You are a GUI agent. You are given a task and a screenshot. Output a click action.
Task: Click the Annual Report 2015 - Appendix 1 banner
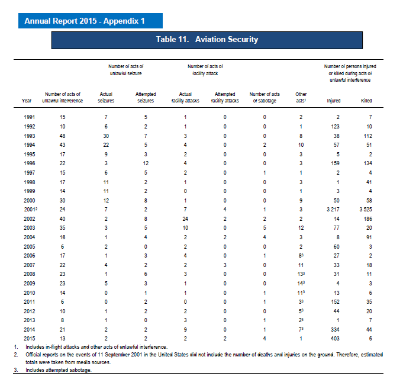click(x=85, y=21)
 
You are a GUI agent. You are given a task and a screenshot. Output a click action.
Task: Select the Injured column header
click(x=334, y=101)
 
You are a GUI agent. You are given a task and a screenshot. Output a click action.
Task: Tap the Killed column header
click(x=366, y=101)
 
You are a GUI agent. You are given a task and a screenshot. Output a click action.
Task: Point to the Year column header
click(x=27, y=101)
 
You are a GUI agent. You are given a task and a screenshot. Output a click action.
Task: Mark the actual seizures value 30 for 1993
click(x=106, y=136)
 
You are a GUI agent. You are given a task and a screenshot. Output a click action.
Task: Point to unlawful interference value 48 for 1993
click(x=63, y=136)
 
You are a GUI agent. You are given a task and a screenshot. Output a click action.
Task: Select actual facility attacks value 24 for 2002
click(x=185, y=219)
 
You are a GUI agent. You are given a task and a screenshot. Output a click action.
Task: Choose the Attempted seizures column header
click(x=146, y=98)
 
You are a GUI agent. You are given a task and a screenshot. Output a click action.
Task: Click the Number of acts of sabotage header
click(x=265, y=98)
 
